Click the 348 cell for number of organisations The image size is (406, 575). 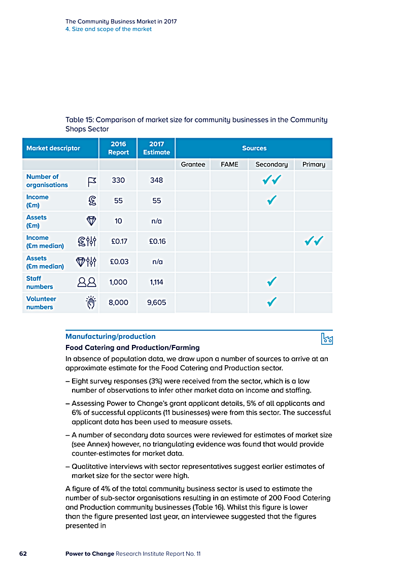[x=156, y=180]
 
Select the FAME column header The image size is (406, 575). [x=229, y=164]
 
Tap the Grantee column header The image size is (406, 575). [x=193, y=164]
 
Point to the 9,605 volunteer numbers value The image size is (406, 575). [x=156, y=302]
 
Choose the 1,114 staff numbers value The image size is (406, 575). [x=156, y=282]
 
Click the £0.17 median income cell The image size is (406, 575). [x=119, y=241]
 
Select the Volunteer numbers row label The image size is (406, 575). [x=41, y=303]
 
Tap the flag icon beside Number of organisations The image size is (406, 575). [x=91, y=181]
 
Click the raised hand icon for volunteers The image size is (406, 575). [x=90, y=302]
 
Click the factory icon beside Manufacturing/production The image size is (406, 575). [x=327, y=338]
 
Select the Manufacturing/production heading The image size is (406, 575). [x=110, y=336]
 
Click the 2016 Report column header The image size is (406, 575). [x=118, y=148]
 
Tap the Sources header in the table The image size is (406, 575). [x=254, y=148]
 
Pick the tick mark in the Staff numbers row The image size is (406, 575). [x=272, y=282]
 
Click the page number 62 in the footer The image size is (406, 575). [x=23, y=554]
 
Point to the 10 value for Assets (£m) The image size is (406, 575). [x=119, y=221]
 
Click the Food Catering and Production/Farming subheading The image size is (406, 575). [x=132, y=347]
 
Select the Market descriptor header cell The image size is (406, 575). [x=53, y=148]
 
